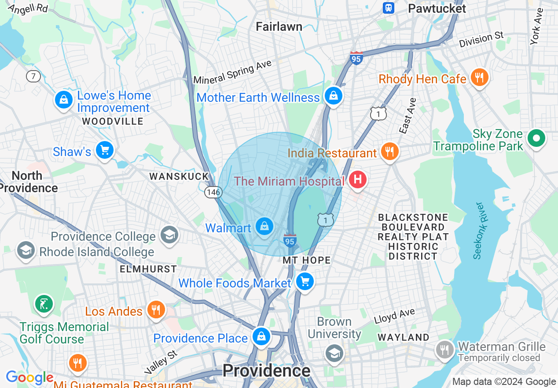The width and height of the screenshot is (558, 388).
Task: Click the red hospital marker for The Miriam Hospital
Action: coord(358,179)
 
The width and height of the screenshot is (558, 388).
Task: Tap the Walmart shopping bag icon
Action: coord(264,227)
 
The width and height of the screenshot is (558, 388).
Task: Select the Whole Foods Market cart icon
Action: coord(305,281)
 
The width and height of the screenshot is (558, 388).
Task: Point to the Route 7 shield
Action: coord(33,76)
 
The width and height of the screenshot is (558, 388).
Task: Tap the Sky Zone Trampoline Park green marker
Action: coord(536,138)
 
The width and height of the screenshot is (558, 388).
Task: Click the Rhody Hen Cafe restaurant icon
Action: coord(479,78)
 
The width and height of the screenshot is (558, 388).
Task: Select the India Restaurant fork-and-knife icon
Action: coord(389,152)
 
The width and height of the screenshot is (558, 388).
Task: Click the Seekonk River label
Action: coord(479,231)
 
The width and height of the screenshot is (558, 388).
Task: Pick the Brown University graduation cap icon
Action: coord(334,353)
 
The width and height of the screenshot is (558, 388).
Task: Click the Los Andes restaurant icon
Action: coord(156,310)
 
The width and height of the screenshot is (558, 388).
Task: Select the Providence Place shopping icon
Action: coord(261,337)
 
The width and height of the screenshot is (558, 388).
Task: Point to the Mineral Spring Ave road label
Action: coord(232,73)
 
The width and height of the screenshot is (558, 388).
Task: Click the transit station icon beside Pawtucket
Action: coord(389,8)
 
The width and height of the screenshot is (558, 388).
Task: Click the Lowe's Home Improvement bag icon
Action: coord(64,100)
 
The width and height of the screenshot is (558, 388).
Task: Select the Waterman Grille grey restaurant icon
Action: coord(445,350)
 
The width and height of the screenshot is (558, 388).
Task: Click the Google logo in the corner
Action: coord(29,378)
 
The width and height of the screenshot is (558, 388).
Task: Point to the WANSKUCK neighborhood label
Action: coord(179,177)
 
